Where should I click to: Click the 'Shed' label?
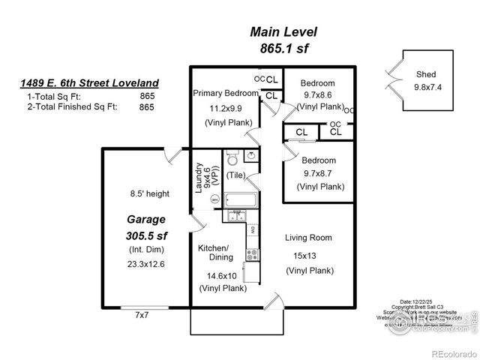pos(426,74)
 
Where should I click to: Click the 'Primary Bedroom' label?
pos(226,94)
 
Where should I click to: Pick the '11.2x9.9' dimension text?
pos(227,108)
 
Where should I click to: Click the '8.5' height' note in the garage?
pos(149,193)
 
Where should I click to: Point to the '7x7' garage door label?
pos(142,314)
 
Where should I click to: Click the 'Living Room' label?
pos(308,238)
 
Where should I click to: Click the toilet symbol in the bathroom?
pos(232,160)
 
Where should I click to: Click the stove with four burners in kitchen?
pos(253,253)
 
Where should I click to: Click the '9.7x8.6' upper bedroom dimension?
pos(318,96)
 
